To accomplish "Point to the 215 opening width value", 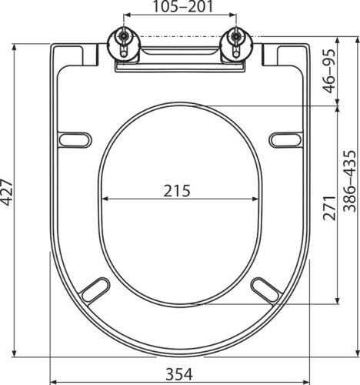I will click(178, 189).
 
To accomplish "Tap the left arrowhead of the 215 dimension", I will click(104, 199).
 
